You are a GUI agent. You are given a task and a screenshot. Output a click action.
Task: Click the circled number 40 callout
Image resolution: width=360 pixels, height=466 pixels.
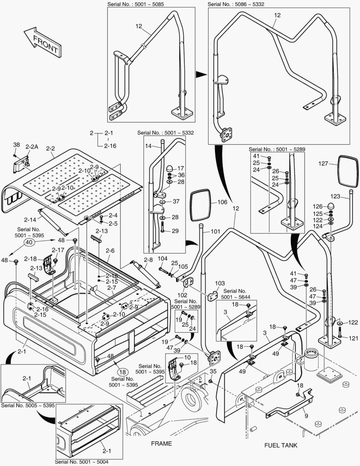pyautogui.click(x=29, y=242)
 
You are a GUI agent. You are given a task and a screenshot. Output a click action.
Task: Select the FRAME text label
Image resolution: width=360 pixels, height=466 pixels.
pyautogui.click(x=161, y=444)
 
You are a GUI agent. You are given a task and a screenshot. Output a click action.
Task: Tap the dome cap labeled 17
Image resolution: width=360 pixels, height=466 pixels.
pyautogui.click(x=169, y=168)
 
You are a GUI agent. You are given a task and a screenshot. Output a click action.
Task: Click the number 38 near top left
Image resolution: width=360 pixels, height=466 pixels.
pyautogui.click(x=16, y=145)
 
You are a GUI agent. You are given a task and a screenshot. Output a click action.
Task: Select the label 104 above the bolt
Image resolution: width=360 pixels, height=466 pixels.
pyautogui.click(x=162, y=258)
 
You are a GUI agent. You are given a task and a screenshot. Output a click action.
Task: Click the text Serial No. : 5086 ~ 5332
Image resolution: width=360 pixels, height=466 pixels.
pyautogui.click(x=236, y=4)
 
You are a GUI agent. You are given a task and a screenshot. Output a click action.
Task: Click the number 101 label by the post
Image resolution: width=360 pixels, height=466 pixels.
pyautogui.click(x=215, y=231)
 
